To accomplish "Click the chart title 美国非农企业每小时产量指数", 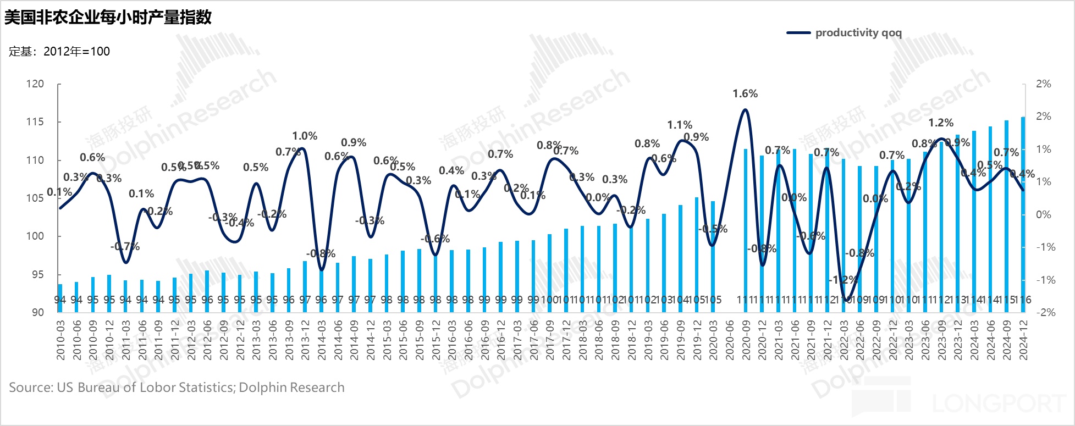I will [108, 17].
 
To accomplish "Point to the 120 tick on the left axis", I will [35, 84].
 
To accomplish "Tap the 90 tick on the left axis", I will [37, 312].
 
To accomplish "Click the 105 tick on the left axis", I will [35, 198].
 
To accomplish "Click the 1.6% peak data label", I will [745, 94].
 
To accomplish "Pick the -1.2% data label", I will [843, 280].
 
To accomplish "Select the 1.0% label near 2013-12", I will [305, 136].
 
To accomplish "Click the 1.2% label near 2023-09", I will [941, 123].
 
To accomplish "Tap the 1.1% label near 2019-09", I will [680, 125].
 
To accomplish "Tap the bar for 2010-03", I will [60, 298].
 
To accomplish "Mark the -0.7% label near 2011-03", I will [125, 247].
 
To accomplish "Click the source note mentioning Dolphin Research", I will [177, 388].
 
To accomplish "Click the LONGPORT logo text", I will [998, 404].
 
